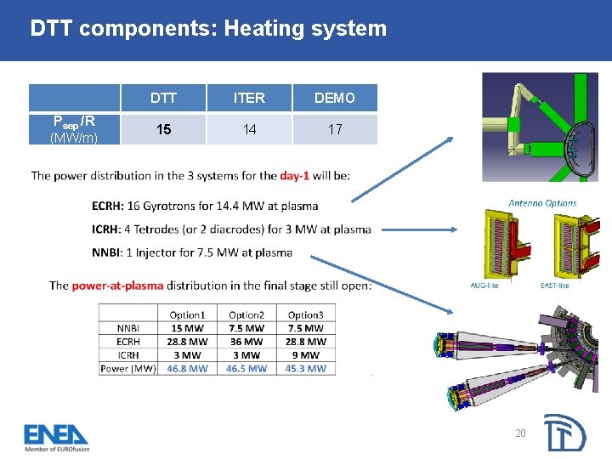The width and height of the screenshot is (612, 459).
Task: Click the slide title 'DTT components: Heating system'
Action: (208, 29)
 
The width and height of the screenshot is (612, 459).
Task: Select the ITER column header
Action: (249, 98)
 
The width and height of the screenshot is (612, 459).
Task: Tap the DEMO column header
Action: (335, 98)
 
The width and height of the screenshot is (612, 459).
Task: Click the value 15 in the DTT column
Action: (163, 130)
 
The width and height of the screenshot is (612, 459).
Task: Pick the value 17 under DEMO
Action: (335, 130)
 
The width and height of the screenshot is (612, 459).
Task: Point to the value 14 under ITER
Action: (249, 130)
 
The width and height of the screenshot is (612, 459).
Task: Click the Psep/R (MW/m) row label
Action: (73, 129)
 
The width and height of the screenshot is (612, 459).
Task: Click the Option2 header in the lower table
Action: (246, 314)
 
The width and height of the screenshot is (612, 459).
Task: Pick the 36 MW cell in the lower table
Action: (246, 342)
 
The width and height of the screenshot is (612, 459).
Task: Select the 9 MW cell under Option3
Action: (305, 355)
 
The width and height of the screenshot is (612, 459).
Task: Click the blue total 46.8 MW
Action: (187, 369)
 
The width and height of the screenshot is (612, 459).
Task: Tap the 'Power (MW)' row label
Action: (128, 369)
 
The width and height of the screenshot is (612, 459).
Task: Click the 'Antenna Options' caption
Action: (542, 203)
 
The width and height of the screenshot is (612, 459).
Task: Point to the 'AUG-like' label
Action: (484, 286)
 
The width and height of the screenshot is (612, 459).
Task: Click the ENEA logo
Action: (56, 437)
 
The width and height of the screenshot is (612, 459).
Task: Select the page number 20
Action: (520, 433)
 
